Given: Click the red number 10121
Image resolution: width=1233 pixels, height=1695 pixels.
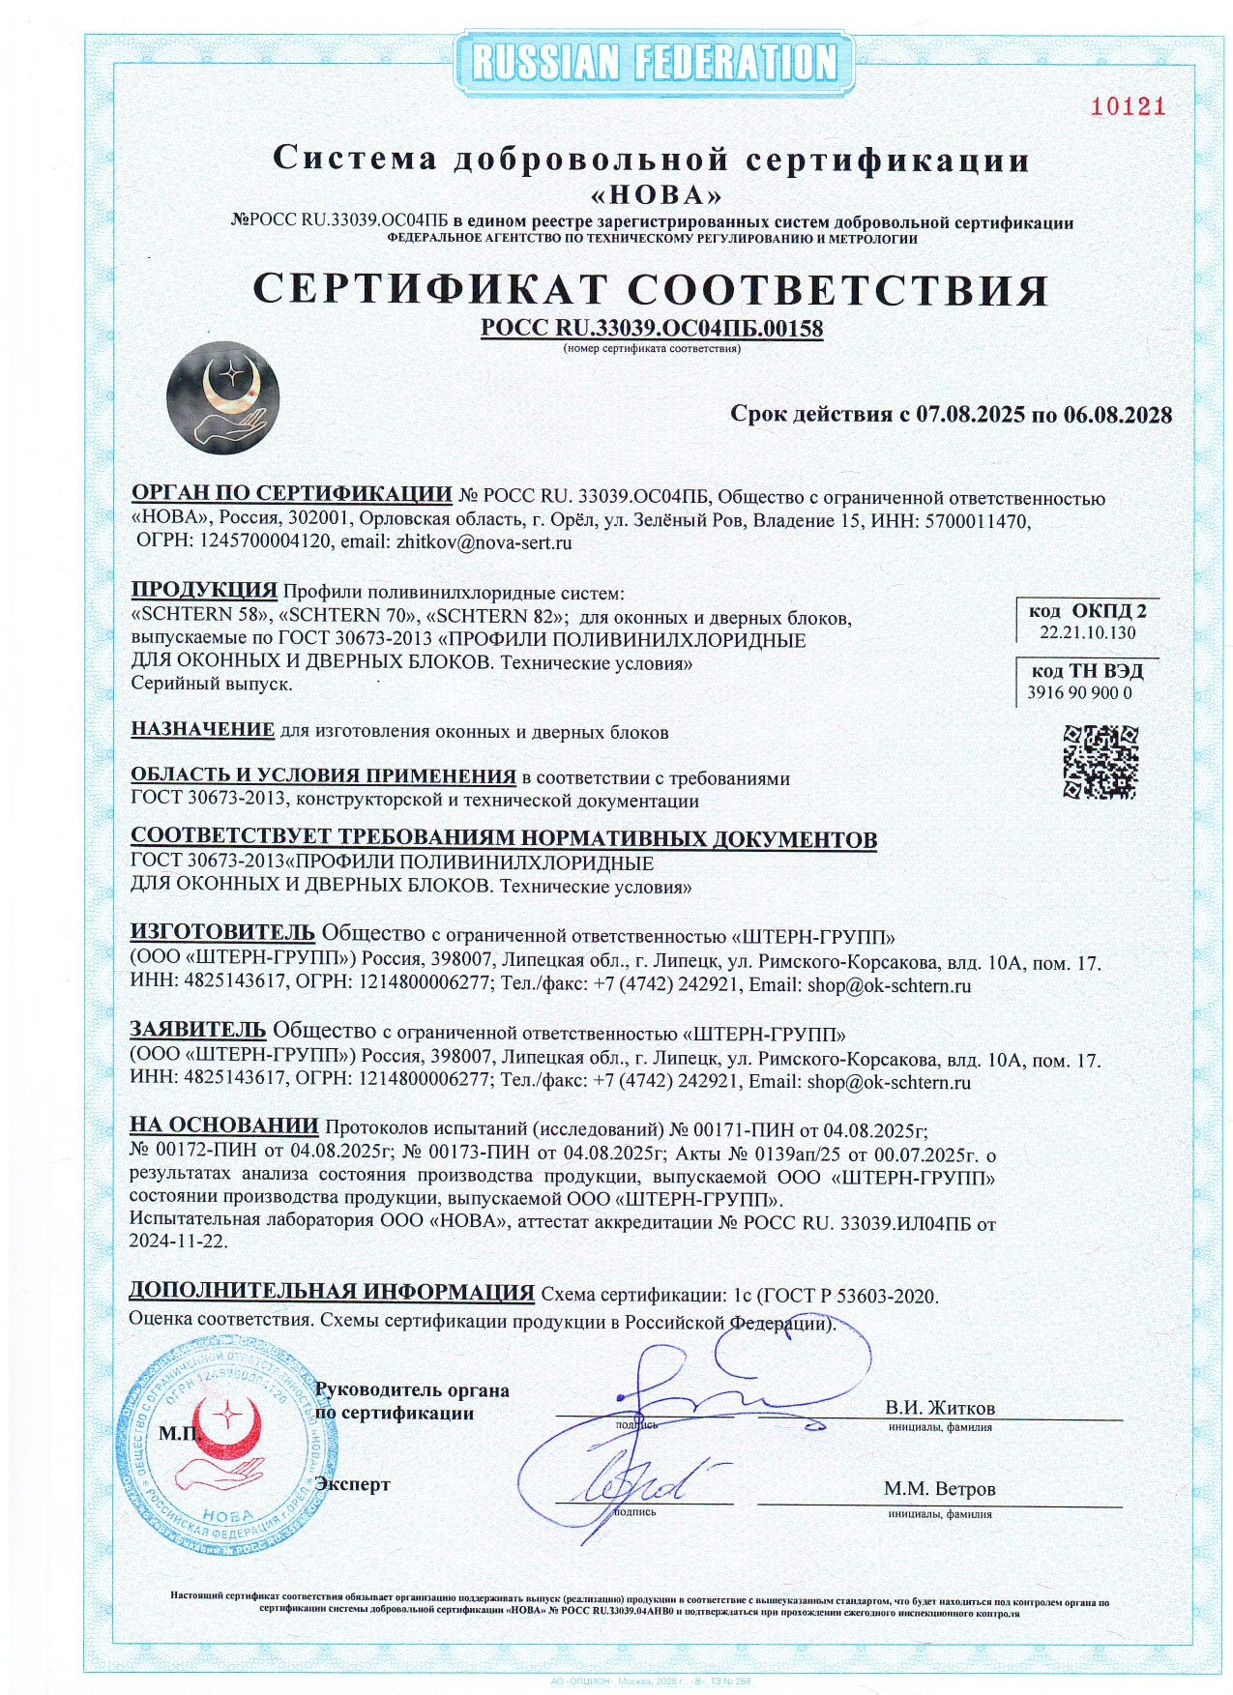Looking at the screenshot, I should (x=1128, y=106).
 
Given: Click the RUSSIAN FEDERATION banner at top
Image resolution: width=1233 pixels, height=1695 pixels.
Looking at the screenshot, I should (x=654, y=63).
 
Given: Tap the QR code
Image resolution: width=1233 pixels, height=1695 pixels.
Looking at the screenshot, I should (x=1100, y=761).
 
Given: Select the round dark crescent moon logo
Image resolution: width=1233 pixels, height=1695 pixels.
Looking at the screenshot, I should (x=222, y=397).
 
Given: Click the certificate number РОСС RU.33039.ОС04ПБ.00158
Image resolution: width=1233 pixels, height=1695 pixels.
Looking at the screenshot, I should (x=652, y=329).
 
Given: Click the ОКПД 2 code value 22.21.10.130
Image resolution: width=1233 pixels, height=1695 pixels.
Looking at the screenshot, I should (x=1087, y=632).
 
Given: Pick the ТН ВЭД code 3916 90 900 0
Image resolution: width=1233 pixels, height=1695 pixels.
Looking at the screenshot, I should (x=1079, y=692).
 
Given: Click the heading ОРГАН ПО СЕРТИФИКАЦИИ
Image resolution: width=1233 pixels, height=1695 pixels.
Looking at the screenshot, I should (x=291, y=494).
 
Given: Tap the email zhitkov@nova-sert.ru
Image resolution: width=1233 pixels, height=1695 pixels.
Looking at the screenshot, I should (x=484, y=542).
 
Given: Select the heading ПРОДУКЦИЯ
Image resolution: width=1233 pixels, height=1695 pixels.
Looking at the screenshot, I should (x=204, y=590).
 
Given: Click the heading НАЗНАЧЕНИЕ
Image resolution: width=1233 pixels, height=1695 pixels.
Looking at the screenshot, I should (x=202, y=730).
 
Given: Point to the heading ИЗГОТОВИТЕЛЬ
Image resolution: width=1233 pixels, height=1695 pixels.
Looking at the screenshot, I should (x=222, y=932).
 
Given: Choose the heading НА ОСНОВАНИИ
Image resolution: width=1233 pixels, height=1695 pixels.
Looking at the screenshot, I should (x=223, y=1125).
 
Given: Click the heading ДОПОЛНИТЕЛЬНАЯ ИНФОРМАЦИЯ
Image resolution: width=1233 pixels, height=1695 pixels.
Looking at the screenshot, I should (x=332, y=1292).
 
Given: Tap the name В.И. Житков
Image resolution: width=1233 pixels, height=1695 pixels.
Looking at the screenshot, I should (x=939, y=1408).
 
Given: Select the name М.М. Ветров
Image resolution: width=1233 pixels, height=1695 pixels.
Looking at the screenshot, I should (x=939, y=1489).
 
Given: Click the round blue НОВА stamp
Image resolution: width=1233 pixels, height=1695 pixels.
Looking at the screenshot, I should (x=227, y=1445).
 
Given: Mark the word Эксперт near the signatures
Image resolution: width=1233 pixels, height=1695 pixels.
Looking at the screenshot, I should (x=353, y=1484).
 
